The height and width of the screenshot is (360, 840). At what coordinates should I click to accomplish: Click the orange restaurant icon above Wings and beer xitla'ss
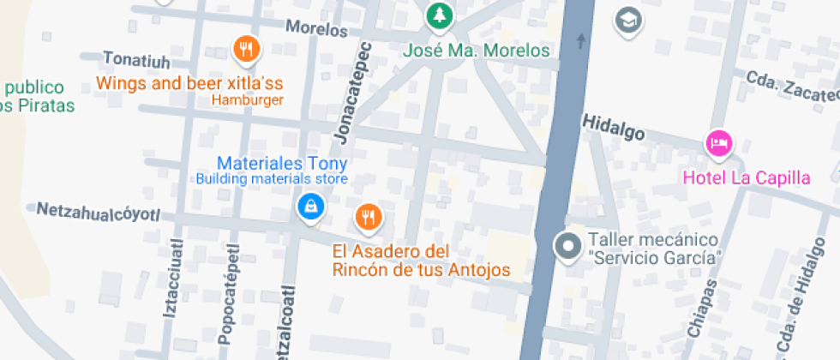[x=246, y=49]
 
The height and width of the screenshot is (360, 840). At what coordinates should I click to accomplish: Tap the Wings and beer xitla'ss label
[x=189, y=84]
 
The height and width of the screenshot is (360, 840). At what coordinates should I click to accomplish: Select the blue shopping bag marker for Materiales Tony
[x=309, y=206]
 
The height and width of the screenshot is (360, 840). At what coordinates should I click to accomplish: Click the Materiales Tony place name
[x=282, y=163]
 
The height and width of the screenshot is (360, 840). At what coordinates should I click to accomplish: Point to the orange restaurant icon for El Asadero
[x=369, y=216]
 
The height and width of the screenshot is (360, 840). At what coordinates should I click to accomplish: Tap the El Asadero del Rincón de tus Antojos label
[x=421, y=261]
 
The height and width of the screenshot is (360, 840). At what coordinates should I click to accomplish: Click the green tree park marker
[x=440, y=15]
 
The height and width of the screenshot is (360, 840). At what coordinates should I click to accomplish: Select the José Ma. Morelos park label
[x=477, y=51]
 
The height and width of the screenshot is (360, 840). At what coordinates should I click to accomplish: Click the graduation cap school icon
[x=629, y=21]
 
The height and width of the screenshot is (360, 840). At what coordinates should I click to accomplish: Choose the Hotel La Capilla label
[x=746, y=178]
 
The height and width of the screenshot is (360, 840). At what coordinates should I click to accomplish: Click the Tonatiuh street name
[x=136, y=59]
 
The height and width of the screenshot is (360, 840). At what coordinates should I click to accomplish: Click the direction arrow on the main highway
[x=582, y=39]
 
